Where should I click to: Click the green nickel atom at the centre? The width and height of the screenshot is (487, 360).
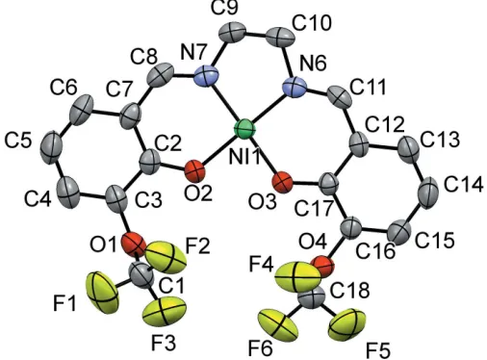pos(245,129)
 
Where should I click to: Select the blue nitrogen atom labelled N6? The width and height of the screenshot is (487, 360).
pos(295,86)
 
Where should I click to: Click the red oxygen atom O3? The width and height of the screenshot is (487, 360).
pos(282,183)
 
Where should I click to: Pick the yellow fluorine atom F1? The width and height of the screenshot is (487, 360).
pos(102,292)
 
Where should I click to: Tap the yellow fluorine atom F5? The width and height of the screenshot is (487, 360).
pos(346,324)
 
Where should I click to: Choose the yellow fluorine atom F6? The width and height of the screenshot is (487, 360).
pos(278,324)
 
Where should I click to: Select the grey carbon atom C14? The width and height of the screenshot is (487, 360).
pos(427,193)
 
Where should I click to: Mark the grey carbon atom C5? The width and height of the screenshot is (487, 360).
pos(51,147)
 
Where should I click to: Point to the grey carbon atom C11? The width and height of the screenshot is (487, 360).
pos(340,95)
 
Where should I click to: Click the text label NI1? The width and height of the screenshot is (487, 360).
pos(245,158)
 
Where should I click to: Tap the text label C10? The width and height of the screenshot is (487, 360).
pos(311,24)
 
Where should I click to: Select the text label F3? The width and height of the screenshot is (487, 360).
pos(164,344)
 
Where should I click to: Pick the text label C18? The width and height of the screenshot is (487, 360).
pos(350,291)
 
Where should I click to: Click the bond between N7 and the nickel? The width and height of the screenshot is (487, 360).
pos(224,102)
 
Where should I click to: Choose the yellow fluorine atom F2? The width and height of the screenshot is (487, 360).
pos(166,257)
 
